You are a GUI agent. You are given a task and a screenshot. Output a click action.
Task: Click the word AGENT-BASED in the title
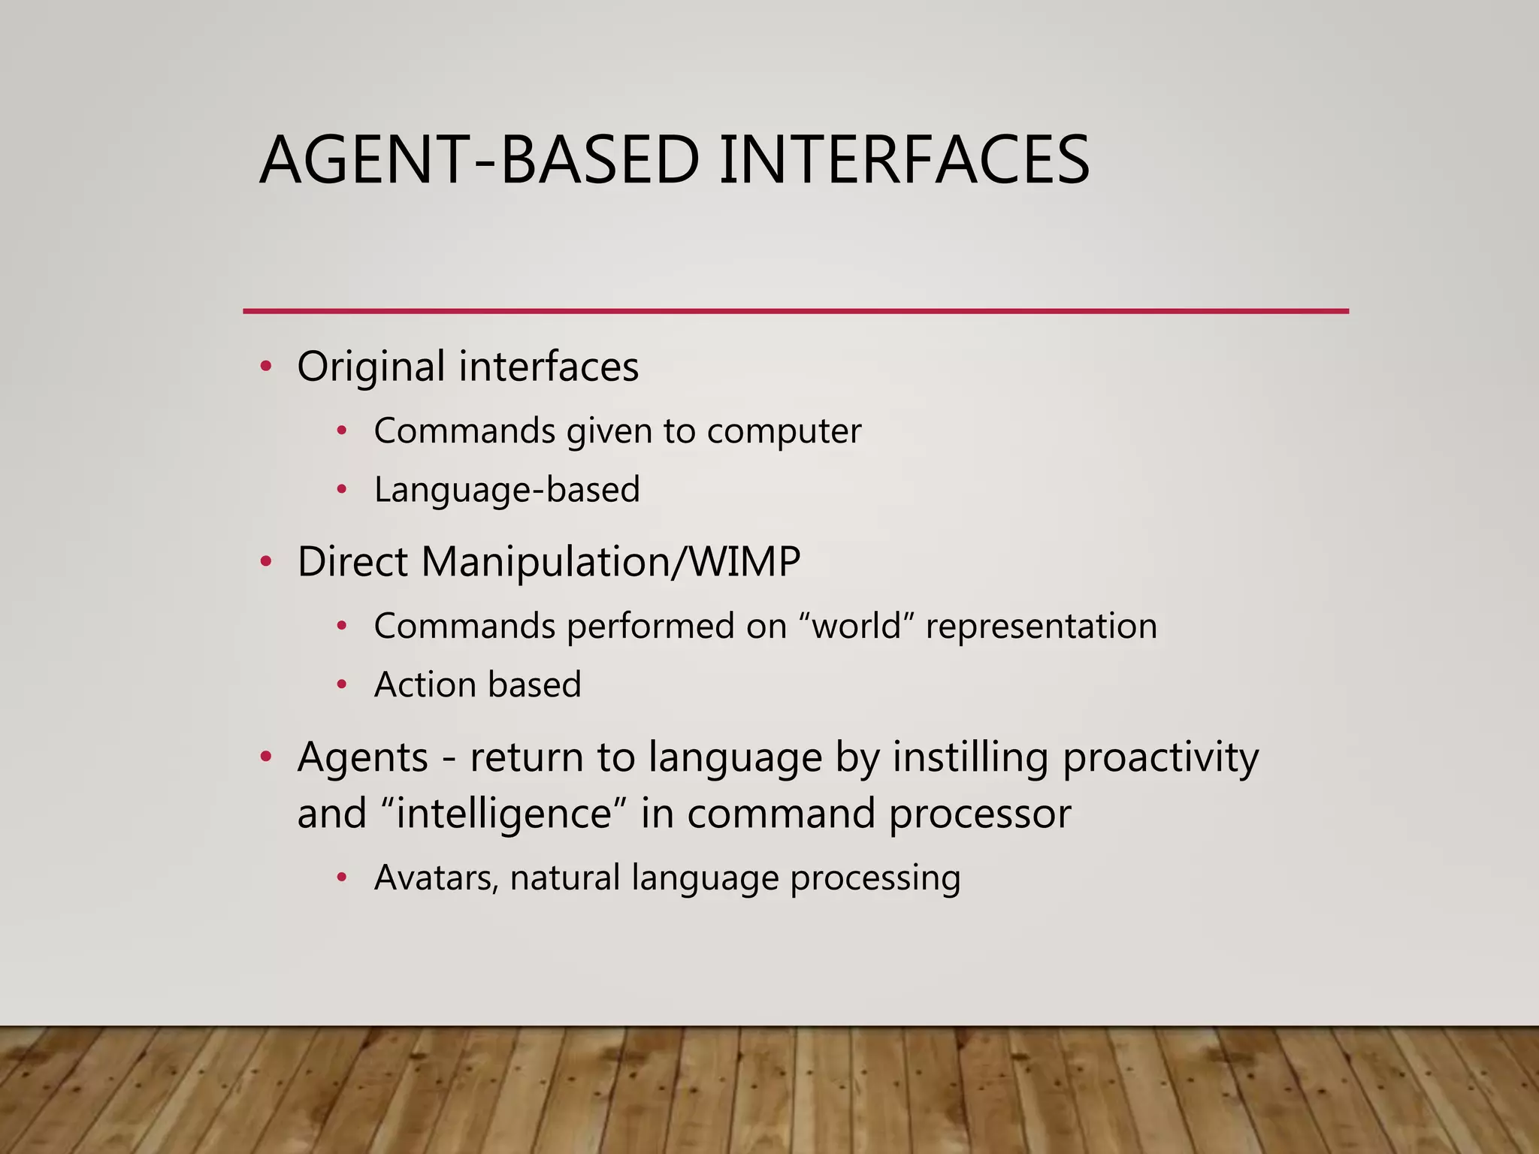point(479,160)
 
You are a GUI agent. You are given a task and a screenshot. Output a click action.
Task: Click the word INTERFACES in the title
point(904,160)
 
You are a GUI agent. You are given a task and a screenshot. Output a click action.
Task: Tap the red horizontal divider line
point(795,310)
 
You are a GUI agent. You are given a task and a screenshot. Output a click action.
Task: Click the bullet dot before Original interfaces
point(265,367)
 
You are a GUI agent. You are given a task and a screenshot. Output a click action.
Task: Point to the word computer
point(784,432)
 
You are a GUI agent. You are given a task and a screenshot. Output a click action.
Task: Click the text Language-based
point(507,490)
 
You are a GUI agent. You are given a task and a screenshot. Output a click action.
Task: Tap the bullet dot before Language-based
point(342,490)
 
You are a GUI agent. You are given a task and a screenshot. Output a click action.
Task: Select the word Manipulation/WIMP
point(610,562)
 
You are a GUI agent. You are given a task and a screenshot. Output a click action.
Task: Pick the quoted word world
point(857,627)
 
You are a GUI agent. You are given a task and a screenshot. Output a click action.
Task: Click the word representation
point(1041,627)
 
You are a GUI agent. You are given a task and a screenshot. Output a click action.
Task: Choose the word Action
point(425,685)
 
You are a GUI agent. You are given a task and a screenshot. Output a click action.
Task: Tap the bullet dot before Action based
point(342,684)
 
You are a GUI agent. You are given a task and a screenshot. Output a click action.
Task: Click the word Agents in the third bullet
point(362,757)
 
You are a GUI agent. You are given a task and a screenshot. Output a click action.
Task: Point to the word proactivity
point(1160,757)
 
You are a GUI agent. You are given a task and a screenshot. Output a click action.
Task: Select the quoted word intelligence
point(504,814)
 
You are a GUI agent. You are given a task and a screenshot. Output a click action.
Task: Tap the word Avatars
point(436,878)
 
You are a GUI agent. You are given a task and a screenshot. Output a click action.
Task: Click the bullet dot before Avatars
point(342,878)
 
